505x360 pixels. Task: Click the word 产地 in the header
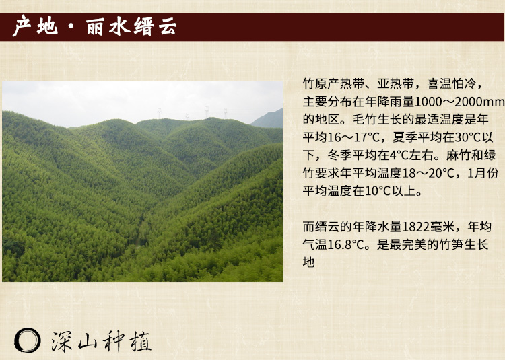pyautogui.click(x=35, y=26)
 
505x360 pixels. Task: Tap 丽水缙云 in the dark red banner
pyautogui.click(x=131, y=26)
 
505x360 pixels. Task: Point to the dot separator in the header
pyautogui.click(x=71, y=26)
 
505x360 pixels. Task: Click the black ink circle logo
pyautogui.click(x=28, y=340)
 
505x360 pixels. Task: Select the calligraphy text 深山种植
pyautogui.click(x=101, y=341)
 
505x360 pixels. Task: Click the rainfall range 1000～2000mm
pyautogui.click(x=460, y=102)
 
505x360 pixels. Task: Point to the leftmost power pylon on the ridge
pyautogui.click(x=159, y=113)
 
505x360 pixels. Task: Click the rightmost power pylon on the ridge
pyautogui.click(x=225, y=113)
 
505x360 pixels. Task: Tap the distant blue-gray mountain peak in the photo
pyautogui.click(x=270, y=118)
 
